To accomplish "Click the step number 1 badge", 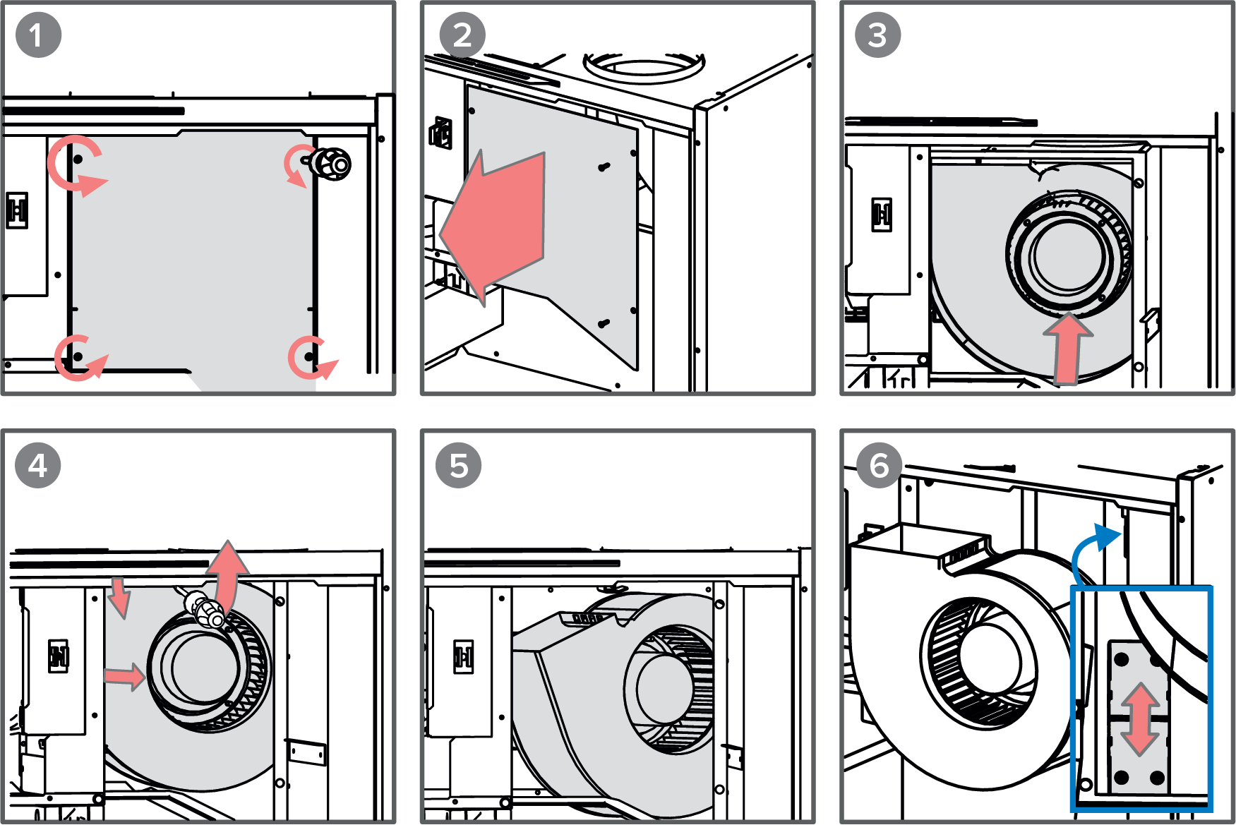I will click(38, 35).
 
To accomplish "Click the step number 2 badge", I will click(462, 35).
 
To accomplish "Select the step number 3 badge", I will click(877, 35).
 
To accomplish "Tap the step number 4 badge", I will click(38, 466).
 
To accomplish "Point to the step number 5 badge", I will click(459, 466).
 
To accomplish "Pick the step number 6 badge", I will click(879, 466).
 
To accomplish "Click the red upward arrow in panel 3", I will click(1068, 348).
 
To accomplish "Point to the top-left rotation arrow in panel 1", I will click(75, 167).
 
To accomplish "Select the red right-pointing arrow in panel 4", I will click(125, 676).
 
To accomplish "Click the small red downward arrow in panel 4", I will click(120, 597).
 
